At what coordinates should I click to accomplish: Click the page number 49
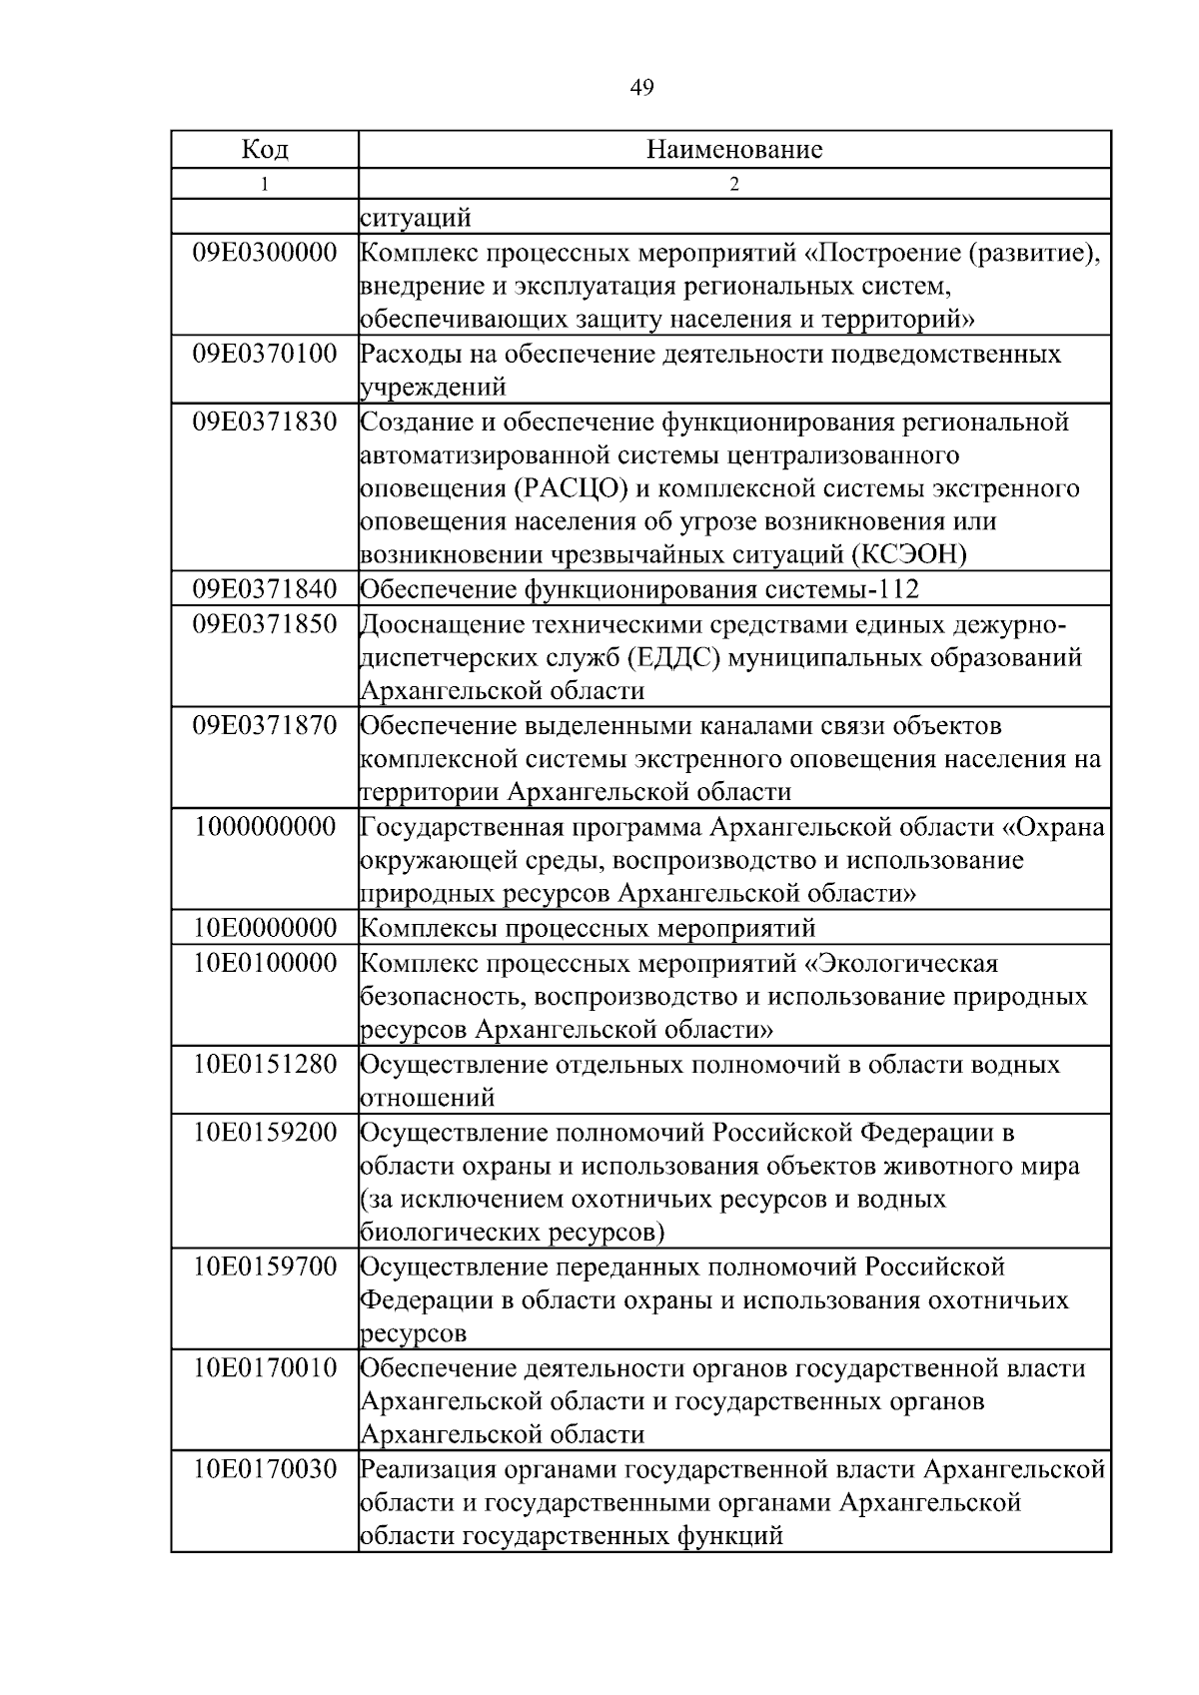pos(642,88)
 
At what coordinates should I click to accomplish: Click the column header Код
pos(265,150)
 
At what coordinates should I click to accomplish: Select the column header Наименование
pos(734,150)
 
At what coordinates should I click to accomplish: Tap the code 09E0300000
pos(265,253)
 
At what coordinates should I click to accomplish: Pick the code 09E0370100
pos(265,354)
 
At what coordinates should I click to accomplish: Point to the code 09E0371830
pos(265,422)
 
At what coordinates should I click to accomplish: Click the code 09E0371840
pos(265,589)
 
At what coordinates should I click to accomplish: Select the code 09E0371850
pos(265,625)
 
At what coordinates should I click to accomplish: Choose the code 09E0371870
pos(265,725)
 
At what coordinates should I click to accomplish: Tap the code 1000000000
pos(266,827)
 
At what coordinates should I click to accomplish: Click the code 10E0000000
pos(265,928)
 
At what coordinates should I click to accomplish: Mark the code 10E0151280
pos(265,1064)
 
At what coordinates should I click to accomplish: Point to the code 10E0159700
pos(265,1268)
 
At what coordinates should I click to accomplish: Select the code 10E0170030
pos(265,1469)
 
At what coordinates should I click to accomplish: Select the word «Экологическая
pos(903,964)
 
